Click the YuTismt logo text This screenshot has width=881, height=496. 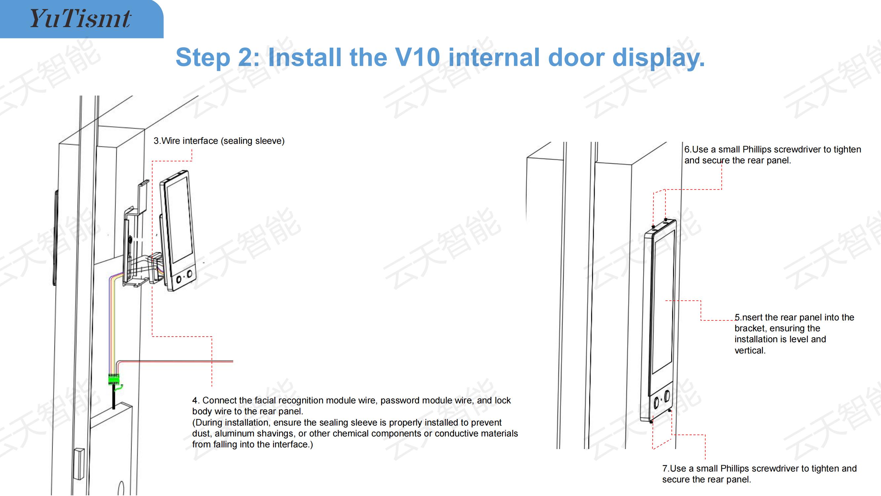pos(80,19)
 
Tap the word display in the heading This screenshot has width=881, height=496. pos(658,58)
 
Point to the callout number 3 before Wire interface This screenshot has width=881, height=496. pos(156,141)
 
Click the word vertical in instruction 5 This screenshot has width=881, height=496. pos(749,351)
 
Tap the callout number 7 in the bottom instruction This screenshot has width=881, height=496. pos(665,468)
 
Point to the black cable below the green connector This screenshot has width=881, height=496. pos(114,397)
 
